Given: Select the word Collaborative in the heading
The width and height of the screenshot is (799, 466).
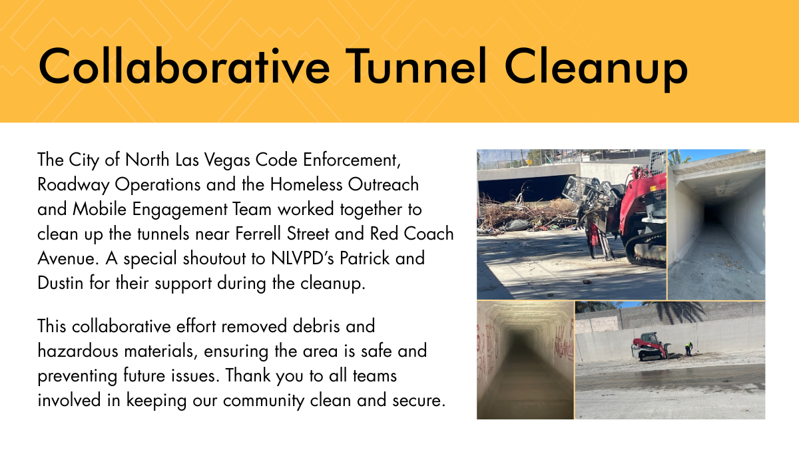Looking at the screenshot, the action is click(x=184, y=67).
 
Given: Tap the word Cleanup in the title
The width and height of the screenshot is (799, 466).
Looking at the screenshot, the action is click(x=596, y=69).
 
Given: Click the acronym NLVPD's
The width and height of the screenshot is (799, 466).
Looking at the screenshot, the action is click(x=302, y=258).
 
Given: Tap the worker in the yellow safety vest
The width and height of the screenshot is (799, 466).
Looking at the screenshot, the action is click(x=688, y=349).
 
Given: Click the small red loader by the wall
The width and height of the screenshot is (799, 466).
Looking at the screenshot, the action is click(x=651, y=346).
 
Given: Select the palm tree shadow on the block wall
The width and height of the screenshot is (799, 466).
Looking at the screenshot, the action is click(x=676, y=312).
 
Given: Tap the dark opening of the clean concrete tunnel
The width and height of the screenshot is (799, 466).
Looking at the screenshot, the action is click(x=712, y=214).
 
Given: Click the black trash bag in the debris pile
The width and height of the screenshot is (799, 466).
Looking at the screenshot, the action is click(x=517, y=224).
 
